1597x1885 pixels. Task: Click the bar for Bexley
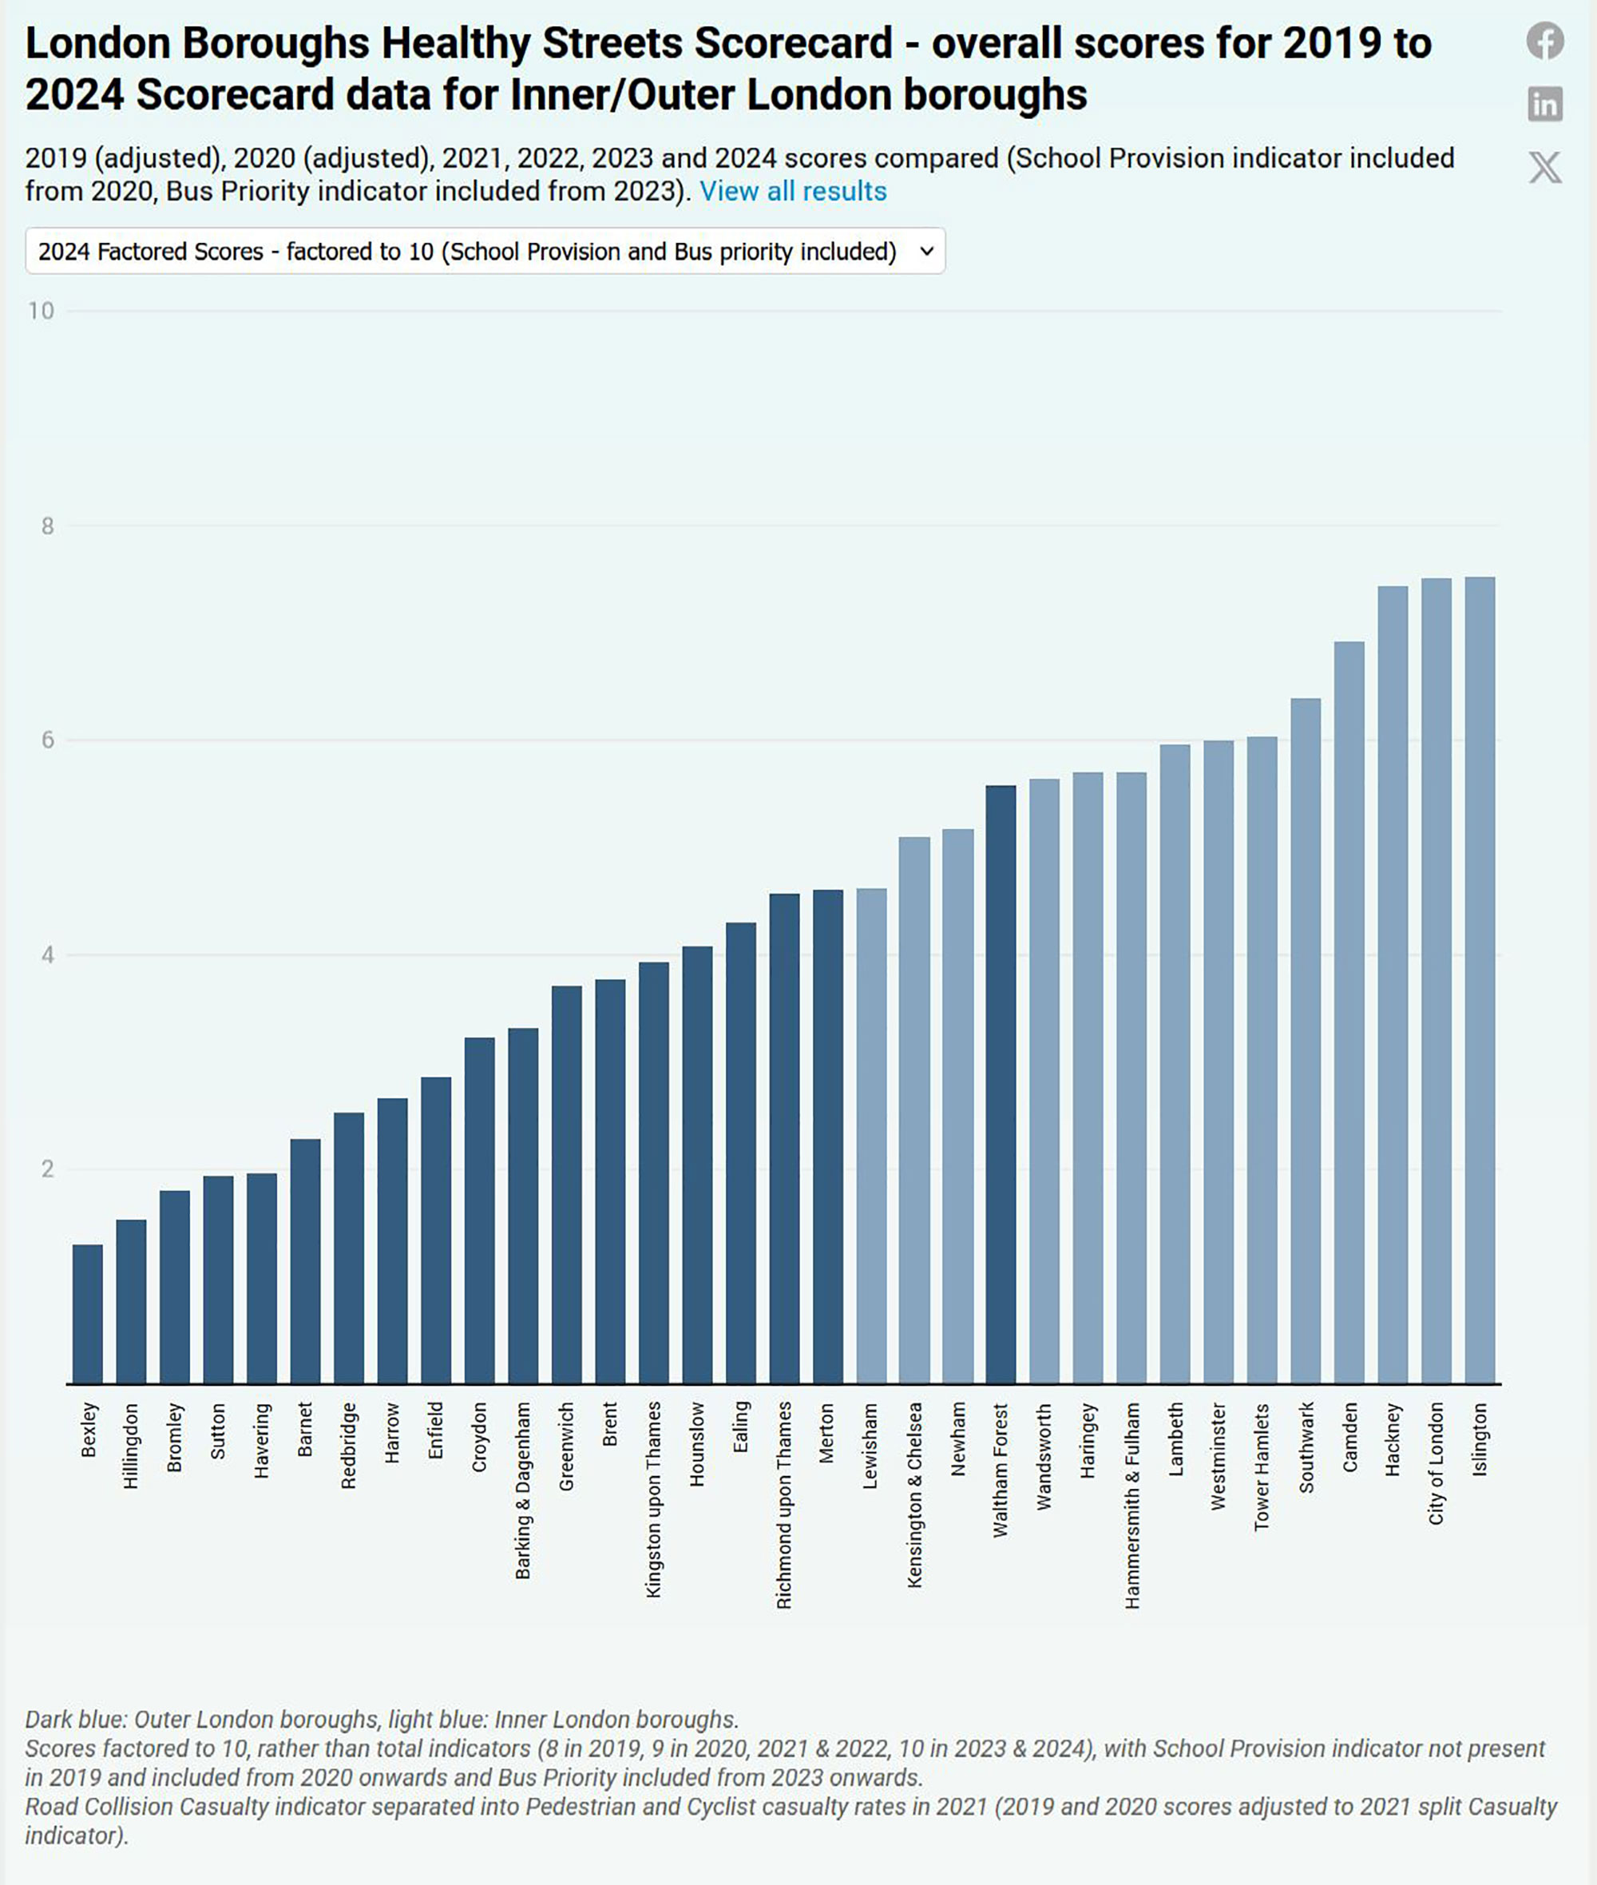point(88,1314)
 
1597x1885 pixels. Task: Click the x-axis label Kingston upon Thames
point(654,1499)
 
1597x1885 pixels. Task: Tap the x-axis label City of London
point(1436,1463)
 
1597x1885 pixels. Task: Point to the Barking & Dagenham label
point(523,1490)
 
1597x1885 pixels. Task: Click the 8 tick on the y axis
point(48,526)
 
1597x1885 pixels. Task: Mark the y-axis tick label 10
point(41,312)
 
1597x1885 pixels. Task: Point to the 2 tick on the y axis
point(48,1169)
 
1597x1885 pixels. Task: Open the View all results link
point(793,192)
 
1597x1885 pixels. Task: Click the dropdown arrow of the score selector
point(926,252)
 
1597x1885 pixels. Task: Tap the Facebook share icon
point(1544,41)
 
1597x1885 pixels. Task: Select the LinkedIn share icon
point(1544,104)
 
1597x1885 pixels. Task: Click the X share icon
point(1544,168)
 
